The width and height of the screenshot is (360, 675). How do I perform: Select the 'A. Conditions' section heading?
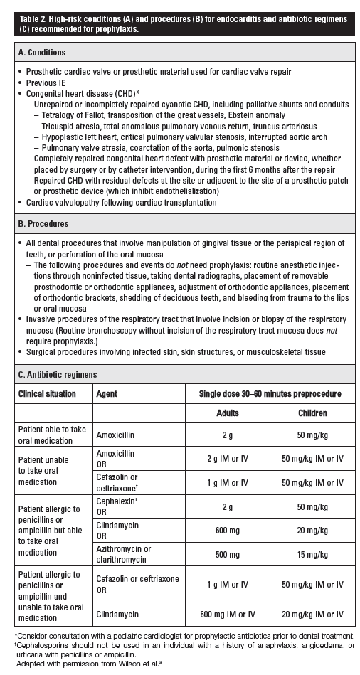click(x=42, y=52)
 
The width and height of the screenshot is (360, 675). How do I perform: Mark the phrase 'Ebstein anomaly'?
click(x=254, y=115)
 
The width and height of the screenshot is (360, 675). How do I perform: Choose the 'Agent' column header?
click(x=107, y=393)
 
